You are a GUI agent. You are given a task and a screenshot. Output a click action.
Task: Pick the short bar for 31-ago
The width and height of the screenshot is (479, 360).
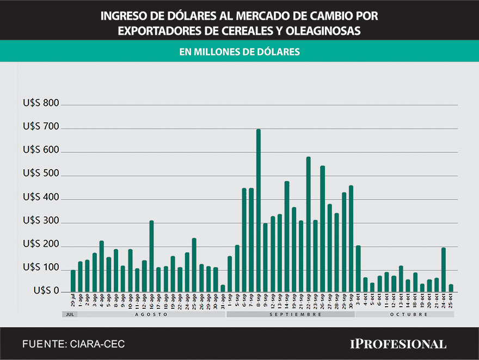[223, 288]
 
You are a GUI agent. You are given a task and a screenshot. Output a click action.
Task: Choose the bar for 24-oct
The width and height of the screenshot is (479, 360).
[444, 270]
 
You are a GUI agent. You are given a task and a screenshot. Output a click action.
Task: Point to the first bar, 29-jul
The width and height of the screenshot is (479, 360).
[73, 281]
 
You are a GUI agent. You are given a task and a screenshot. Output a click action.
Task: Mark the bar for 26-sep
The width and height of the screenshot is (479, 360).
[323, 228]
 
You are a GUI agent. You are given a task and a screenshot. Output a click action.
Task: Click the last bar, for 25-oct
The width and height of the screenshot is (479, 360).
[451, 288]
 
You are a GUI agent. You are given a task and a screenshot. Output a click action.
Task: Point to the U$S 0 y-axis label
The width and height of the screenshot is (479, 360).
[46, 291]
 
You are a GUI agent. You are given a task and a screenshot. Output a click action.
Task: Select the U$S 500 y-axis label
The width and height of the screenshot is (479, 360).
[41, 175]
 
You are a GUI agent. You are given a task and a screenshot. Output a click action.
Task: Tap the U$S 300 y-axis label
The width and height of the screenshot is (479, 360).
[41, 222]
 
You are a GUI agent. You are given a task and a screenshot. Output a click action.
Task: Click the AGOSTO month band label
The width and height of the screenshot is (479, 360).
[151, 314]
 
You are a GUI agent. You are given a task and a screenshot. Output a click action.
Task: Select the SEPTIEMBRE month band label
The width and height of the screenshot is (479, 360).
[291, 314]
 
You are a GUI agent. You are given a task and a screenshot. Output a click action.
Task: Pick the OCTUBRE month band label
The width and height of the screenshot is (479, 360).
[404, 314]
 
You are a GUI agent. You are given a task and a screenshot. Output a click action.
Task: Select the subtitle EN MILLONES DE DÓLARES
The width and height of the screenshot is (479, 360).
[239, 52]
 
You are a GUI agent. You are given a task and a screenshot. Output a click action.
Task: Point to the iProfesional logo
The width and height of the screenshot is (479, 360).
[397, 344]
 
